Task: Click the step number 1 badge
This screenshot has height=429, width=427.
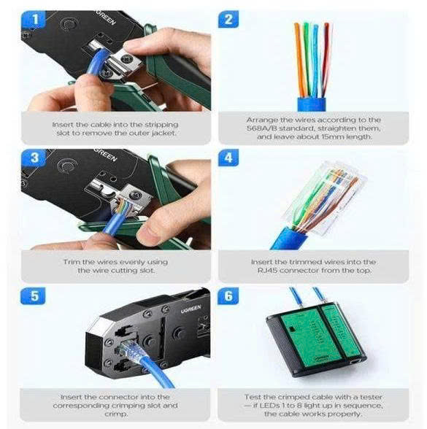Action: (x=34, y=20)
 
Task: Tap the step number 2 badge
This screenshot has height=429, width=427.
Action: (x=228, y=20)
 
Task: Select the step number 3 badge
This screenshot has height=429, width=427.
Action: (x=34, y=158)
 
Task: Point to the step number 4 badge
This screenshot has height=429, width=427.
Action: (x=228, y=158)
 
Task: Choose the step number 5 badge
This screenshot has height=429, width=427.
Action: (x=33, y=296)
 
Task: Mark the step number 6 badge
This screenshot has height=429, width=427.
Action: (x=228, y=296)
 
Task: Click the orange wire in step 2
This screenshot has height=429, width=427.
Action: (x=299, y=59)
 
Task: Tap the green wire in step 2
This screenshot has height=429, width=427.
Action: (x=307, y=59)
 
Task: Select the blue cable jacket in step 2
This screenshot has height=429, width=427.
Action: (x=312, y=104)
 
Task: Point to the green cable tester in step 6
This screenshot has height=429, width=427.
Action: (x=316, y=340)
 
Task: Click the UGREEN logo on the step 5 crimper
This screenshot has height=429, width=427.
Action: (x=191, y=309)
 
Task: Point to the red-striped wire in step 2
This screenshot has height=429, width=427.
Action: (x=326, y=59)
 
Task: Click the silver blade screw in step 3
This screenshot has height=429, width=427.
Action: (x=136, y=196)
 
